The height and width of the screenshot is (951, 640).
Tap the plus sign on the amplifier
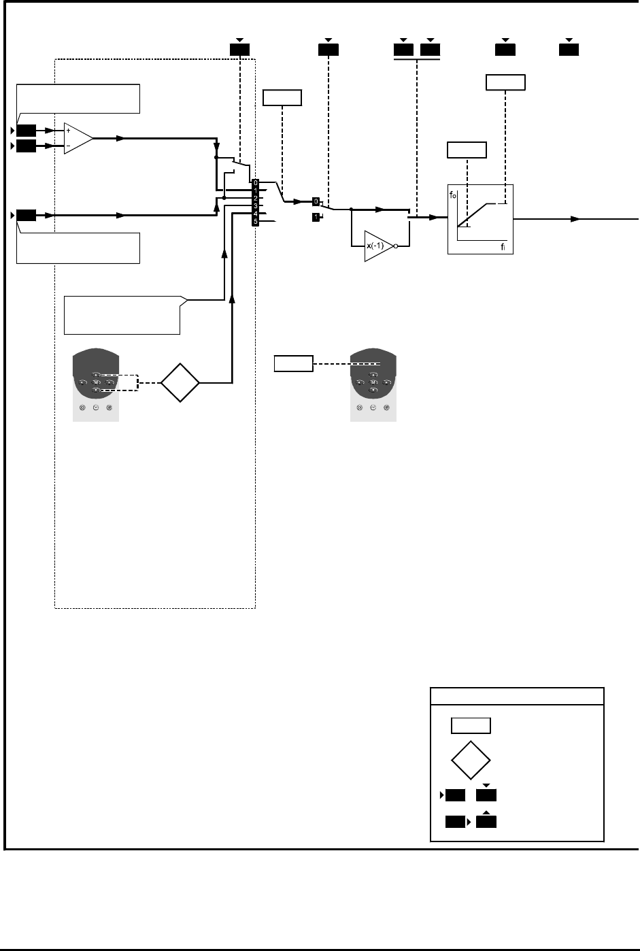68,130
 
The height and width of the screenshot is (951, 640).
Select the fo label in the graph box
452,195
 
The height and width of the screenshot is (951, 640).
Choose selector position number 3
255,205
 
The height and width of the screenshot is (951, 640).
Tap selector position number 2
255,198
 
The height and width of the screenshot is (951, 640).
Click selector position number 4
255,214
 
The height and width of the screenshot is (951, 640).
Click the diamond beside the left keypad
180,384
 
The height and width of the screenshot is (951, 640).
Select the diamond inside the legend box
470,759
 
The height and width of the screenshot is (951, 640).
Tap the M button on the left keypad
96,383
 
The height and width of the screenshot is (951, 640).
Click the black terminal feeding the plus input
27,130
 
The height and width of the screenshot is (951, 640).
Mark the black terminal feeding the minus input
27,146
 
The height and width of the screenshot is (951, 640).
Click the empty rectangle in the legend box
471,725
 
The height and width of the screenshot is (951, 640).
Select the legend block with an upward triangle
486,821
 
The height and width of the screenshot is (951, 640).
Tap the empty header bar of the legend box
517,697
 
